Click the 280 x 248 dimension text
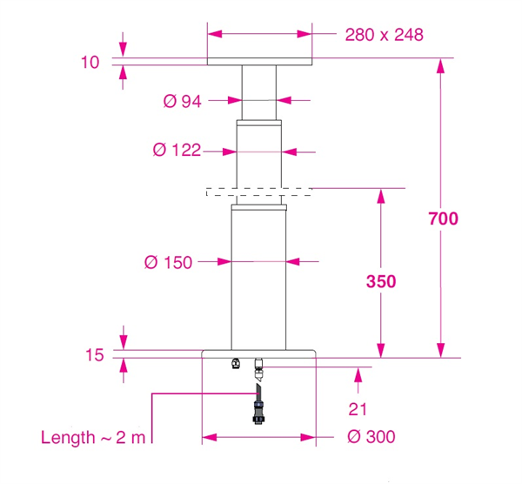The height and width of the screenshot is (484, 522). (385, 35)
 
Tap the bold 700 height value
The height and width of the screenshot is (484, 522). (443, 218)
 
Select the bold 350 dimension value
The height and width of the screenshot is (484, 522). (381, 281)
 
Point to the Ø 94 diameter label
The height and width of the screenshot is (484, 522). (183, 101)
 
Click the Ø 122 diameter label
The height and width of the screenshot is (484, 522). (177, 151)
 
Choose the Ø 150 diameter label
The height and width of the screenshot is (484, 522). (169, 263)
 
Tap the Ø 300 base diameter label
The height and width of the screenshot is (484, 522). (371, 437)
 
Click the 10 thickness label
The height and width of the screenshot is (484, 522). (90, 63)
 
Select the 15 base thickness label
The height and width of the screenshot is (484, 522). (95, 355)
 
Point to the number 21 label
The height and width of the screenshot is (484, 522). (358, 409)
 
